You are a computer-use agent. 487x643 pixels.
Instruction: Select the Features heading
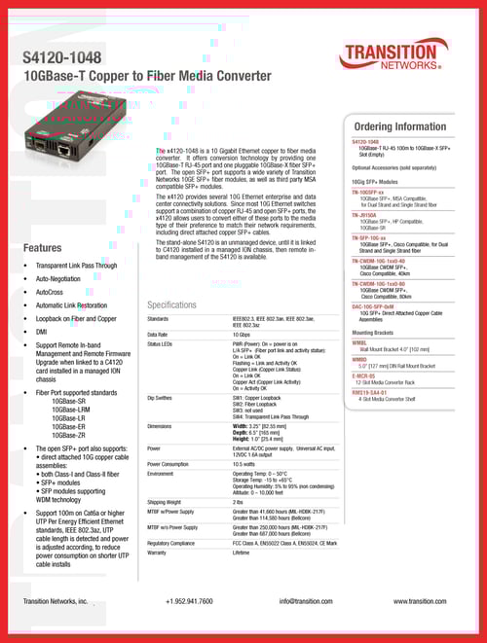click(43, 247)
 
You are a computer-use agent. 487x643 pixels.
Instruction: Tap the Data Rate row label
click(159, 333)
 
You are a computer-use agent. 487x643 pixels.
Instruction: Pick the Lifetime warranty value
click(242, 553)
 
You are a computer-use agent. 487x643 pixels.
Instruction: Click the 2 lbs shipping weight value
click(240, 502)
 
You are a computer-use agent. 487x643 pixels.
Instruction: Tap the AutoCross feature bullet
click(50, 291)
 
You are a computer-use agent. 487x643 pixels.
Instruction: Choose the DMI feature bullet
click(41, 332)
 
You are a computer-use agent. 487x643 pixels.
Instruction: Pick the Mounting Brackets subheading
click(374, 333)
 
